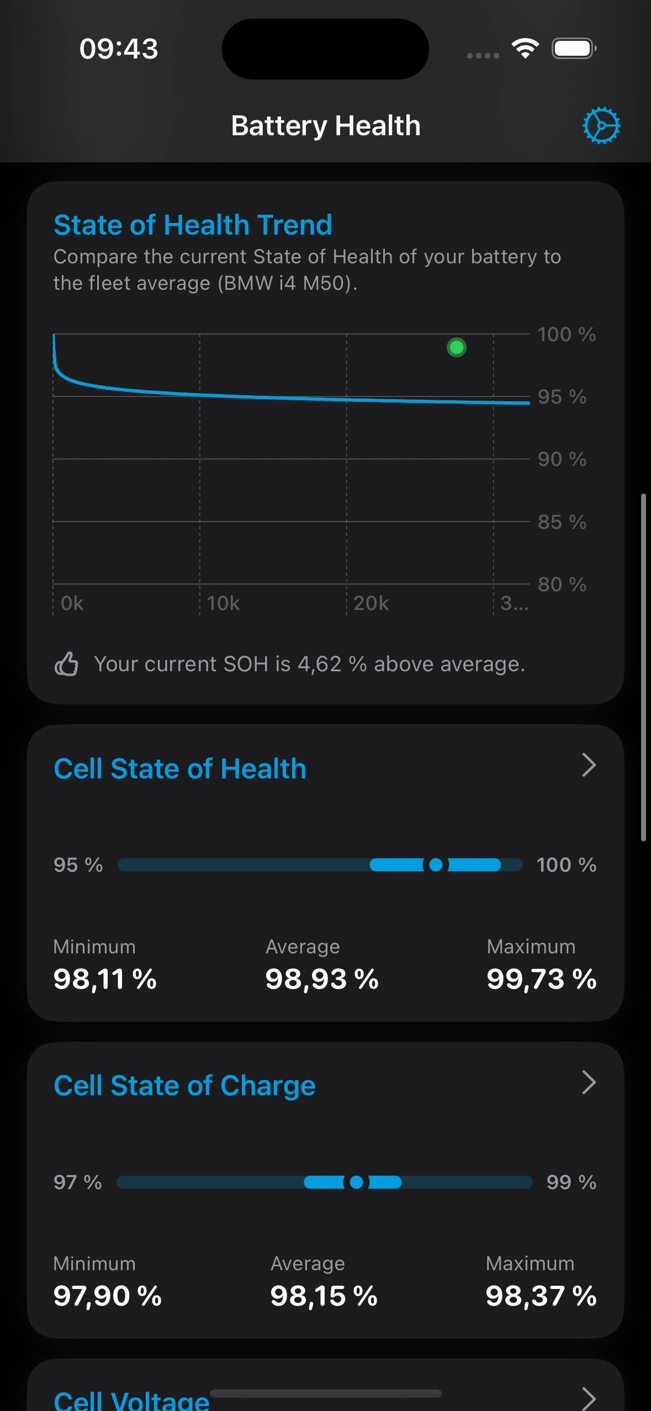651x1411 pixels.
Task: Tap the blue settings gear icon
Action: [601, 125]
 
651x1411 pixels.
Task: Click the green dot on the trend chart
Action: [457, 347]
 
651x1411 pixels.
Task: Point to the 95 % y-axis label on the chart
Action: [562, 396]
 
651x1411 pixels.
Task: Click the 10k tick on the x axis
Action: [223, 603]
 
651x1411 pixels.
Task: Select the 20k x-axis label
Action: [371, 603]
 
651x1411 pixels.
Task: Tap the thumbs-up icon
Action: [66, 664]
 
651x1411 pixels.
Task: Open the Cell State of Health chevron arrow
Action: [589, 765]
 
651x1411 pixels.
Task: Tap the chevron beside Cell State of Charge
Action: [589, 1082]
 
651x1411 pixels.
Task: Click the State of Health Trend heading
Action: [193, 225]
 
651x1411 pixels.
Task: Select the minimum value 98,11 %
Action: [105, 979]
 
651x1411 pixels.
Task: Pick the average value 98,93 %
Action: [322, 979]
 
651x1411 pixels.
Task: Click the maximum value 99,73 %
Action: [541, 979]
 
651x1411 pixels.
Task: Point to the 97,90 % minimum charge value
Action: [107, 1296]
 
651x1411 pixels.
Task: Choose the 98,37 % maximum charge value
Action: [541, 1296]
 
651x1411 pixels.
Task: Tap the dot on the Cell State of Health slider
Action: [436, 864]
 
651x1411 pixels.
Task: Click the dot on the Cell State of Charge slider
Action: [357, 1182]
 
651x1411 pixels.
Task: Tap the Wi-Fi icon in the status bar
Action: [525, 49]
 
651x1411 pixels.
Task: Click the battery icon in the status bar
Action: [574, 49]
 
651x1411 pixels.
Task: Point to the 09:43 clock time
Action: [119, 49]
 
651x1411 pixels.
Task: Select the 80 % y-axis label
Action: [562, 584]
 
